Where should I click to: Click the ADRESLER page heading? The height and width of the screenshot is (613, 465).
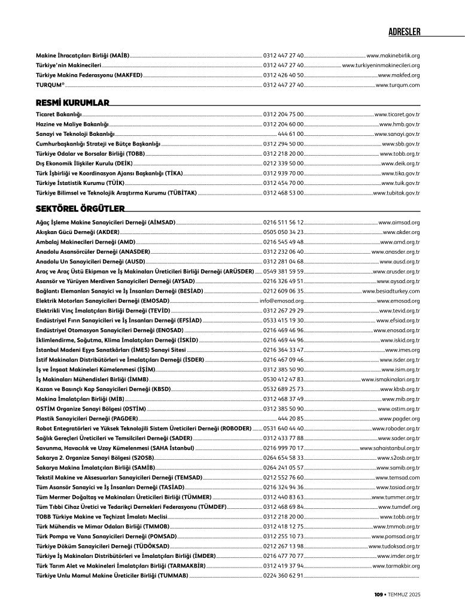click(405, 31)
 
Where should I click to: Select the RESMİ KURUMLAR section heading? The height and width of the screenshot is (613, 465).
click(72, 103)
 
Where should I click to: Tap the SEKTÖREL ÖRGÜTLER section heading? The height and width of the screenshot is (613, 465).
click(80, 209)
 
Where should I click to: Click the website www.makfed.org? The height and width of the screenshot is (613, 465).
click(399, 75)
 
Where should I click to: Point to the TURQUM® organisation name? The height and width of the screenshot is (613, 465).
click(50, 86)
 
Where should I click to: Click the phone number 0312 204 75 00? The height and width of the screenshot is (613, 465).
click(283, 114)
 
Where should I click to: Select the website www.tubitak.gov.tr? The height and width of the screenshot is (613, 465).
click(396, 193)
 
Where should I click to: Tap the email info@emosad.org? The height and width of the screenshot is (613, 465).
click(281, 301)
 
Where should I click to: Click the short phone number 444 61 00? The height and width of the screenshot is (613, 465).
click(291, 133)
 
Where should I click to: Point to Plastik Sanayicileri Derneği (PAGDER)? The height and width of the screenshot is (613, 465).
click(87, 419)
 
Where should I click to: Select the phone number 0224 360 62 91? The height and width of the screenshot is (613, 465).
click(283, 576)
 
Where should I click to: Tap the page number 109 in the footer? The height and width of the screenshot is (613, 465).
click(378, 594)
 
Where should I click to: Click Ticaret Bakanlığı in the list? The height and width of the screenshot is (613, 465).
click(59, 114)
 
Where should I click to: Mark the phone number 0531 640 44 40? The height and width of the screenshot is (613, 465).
click(283, 429)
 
